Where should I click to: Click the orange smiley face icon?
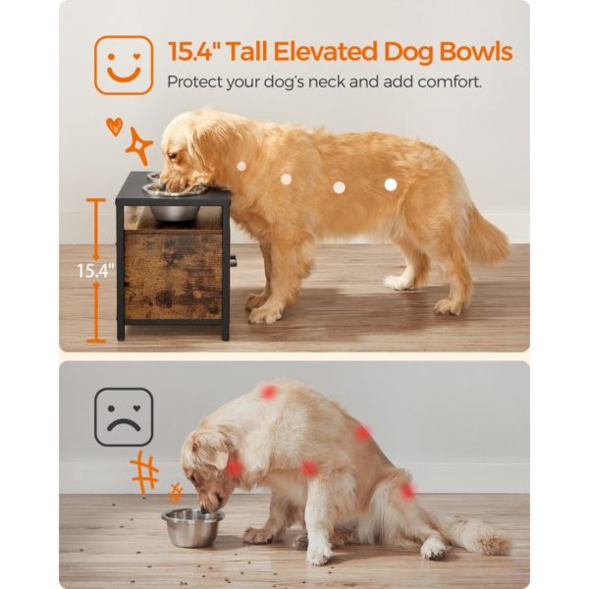(124, 65)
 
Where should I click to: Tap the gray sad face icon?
(124, 417)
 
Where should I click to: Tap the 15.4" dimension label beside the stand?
(94, 267)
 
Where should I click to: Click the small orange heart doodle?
(115, 126)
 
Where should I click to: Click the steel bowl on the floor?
(192, 527)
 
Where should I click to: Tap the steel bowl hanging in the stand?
(174, 209)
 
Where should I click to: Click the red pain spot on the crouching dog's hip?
(406, 490)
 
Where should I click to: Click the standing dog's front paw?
(263, 315)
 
